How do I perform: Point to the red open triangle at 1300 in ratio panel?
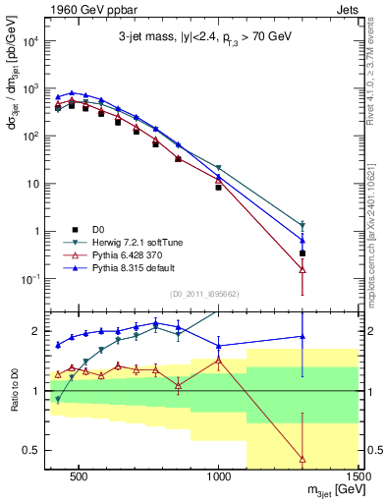click(x=303, y=459)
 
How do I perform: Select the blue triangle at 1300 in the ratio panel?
click(x=303, y=337)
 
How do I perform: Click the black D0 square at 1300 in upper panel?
click(x=303, y=252)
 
